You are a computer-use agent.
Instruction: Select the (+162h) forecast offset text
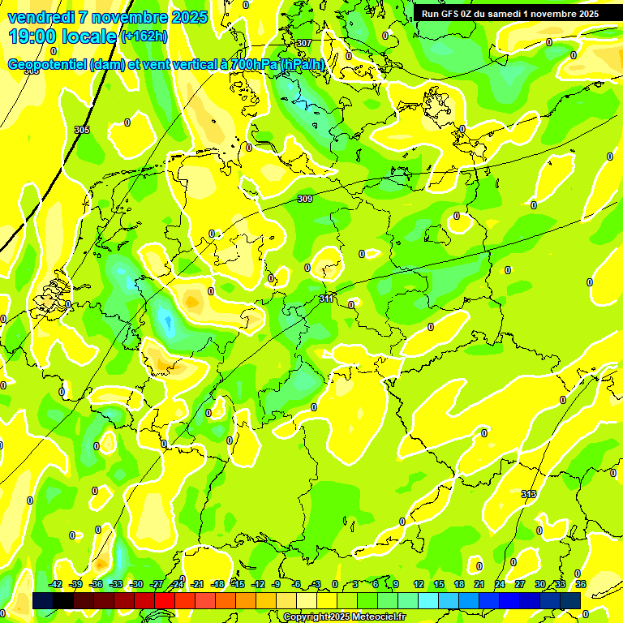(x=144, y=36)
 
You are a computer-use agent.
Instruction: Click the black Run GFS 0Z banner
(x=509, y=13)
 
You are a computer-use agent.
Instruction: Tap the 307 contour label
(x=304, y=43)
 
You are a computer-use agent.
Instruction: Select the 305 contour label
(x=82, y=130)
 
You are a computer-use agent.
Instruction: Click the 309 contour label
(x=305, y=199)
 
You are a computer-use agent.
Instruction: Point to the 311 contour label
(x=326, y=299)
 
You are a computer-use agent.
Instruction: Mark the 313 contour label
(x=529, y=493)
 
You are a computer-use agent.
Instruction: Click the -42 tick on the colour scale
(x=55, y=584)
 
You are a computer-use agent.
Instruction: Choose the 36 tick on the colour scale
(x=581, y=584)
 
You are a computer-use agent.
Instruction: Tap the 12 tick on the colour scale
(x=419, y=584)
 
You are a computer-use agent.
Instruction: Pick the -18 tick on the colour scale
(x=217, y=584)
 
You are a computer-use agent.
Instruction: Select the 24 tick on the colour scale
(x=500, y=584)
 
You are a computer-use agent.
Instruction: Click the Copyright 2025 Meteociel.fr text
(x=345, y=617)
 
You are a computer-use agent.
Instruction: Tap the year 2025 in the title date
(x=186, y=17)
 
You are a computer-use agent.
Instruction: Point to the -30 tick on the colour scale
(x=136, y=584)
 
